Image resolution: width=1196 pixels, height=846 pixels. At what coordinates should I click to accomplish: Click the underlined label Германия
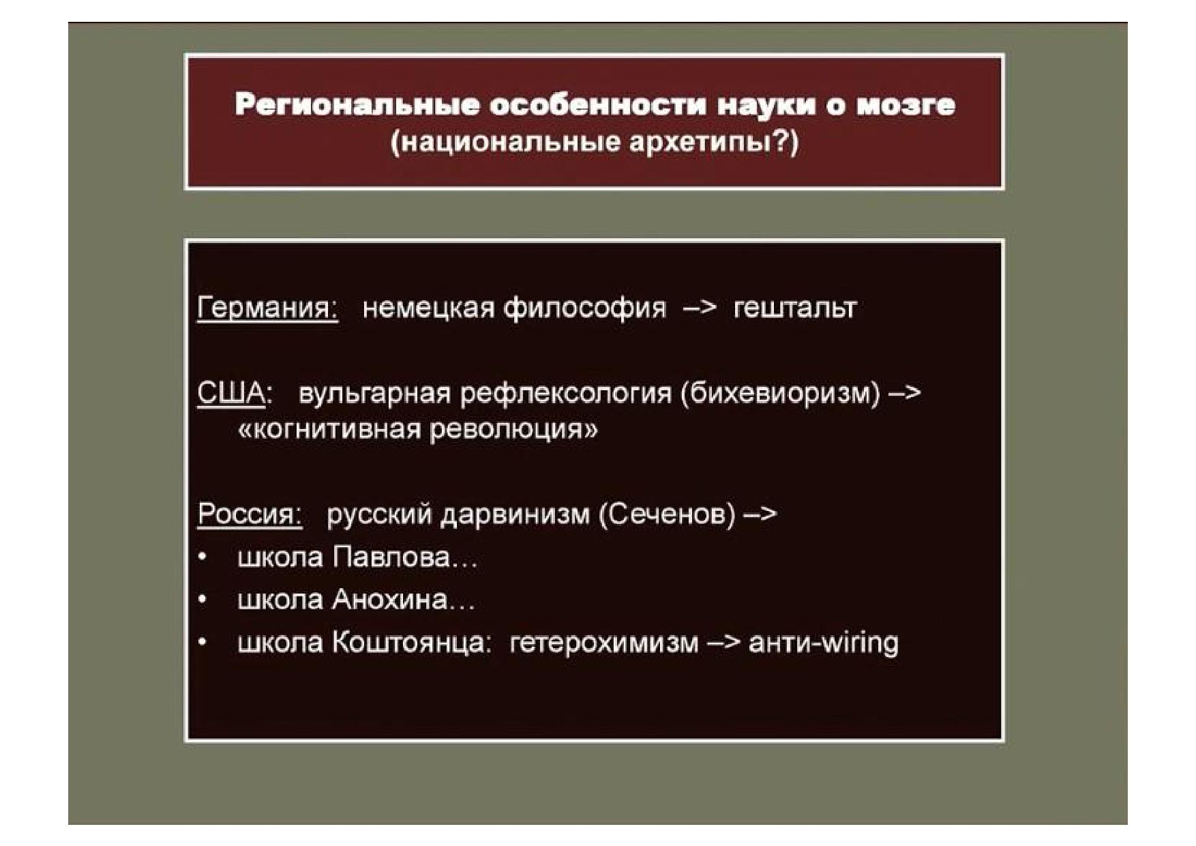[x=267, y=308]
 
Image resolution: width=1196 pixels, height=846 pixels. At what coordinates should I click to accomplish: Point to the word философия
[x=584, y=308]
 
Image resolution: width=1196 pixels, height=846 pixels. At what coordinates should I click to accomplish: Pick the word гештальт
[x=794, y=308]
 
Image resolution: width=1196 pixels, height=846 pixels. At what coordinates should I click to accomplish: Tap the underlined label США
[x=231, y=394]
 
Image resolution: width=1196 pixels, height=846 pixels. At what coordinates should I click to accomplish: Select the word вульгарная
[x=374, y=394]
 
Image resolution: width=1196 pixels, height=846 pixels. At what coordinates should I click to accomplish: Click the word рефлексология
[x=565, y=394]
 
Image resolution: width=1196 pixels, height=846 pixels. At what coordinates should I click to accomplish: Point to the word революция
[x=513, y=431]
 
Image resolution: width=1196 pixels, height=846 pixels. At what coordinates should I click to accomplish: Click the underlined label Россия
[x=250, y=514]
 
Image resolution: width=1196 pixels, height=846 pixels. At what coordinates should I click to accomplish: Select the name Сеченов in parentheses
[x=667, y=514]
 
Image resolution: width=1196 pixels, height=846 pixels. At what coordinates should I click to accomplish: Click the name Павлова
[x=392, y=557]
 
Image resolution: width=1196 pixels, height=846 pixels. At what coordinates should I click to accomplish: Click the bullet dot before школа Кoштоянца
[x=203, y=643]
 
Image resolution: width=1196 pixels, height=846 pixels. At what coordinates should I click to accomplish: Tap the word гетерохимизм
[x=604, y=643]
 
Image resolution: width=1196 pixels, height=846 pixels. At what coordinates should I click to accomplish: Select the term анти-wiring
[x=824, y=643]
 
